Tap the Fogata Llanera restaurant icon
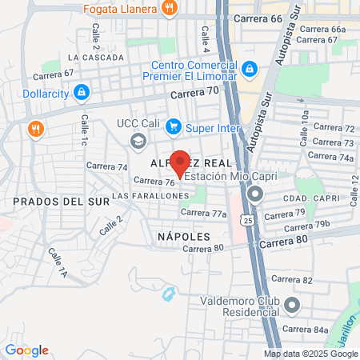pyautogui.click(x=169, y=9)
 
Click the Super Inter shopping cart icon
pyautogui.click(x=173, y=126)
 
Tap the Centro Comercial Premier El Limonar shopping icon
pyautogui.click(x=250, y=70)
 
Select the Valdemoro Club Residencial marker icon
pyautogui.click(x=291, y=304)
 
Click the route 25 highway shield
pyautogui.click(x=250, y=219)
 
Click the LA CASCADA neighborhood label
pyautogui.click(x=96, y=58)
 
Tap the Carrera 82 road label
pyautogui.click(x=291, y=279)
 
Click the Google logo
pyautogui.click(x=26, y=350)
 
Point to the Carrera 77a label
pyautogui.click(x=203, y=213)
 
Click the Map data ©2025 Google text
pyautogui.click(x=311, y=354)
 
